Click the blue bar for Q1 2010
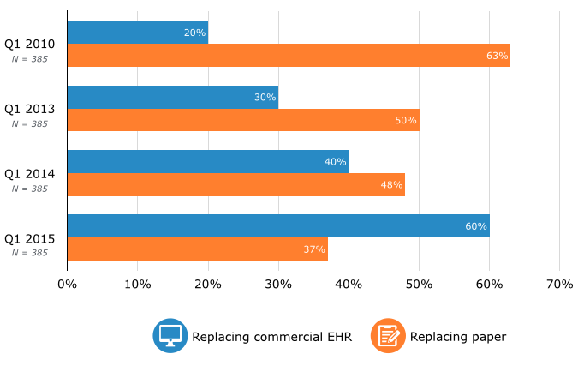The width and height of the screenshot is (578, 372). coord(137,33)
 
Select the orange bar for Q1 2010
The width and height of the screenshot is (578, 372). coord(288,56)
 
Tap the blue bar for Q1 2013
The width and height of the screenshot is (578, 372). coord(172,97)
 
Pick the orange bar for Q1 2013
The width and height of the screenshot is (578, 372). coord(242,120)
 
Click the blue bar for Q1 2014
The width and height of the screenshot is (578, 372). coord(207,161)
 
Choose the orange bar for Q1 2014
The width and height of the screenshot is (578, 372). coord(235,184)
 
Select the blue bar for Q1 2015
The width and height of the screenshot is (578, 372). coord(277,226)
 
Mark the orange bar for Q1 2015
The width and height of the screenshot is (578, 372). coord(197,249)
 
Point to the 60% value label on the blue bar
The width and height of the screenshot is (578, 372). coord(476,227)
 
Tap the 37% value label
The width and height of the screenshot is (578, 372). coord(314,249)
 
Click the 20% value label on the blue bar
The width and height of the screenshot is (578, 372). coord(194,33)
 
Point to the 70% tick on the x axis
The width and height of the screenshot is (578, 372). coord(558,284)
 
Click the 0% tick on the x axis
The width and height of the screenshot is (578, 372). coord(67,284)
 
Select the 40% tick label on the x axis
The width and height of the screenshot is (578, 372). coord(349,284)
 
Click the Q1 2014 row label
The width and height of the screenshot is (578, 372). coord(29,173)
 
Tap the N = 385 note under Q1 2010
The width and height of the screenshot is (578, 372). coord(29,59)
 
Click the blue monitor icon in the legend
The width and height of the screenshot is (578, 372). coord(170,336)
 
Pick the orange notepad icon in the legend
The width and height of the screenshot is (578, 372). coord(387,336)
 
